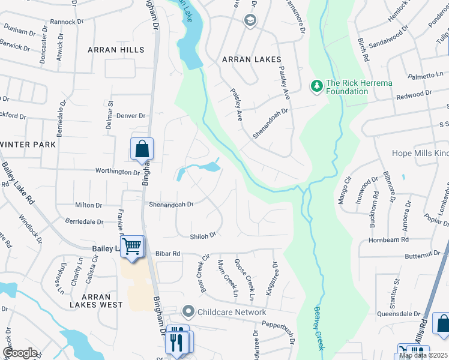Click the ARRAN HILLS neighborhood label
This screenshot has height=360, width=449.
(116, 50)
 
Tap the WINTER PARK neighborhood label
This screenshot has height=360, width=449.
(28, 145)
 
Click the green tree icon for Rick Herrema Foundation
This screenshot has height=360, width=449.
(316, 86)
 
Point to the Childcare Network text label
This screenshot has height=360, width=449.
(232, 312)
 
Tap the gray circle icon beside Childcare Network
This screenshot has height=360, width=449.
(189, 311)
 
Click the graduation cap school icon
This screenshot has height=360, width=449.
(249, 21)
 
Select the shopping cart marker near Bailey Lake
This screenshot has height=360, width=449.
(132, 246)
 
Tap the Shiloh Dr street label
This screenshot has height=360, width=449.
(202, 236)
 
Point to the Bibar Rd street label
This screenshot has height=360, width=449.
(168, 254)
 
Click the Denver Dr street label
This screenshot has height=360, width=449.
(131, 116)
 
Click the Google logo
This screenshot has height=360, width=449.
(20, 353)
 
